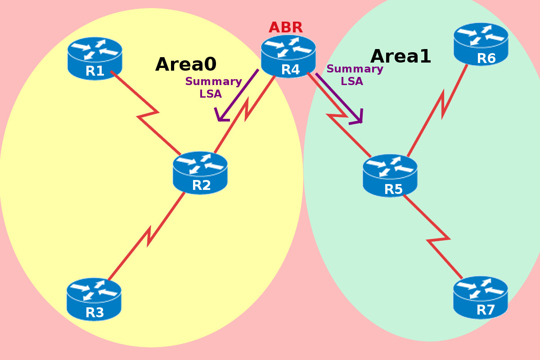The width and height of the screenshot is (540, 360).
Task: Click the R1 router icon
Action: (94, 58)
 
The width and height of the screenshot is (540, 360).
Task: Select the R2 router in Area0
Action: (200, 173)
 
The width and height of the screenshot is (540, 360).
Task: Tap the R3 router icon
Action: (94, 299)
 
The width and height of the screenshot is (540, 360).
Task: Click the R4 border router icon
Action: (288, 56)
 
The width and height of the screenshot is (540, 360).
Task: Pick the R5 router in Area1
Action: (390, 175)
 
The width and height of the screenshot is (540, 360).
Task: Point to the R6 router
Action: (481, 44)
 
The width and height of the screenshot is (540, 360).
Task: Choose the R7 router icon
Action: (481, 297)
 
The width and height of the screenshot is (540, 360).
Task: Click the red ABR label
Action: (286, 27)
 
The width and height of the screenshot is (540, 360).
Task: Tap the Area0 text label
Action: (186, 64)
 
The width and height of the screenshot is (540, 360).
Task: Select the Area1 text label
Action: (400, 56)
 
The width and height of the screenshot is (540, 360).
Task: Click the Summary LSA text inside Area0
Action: (213, 88)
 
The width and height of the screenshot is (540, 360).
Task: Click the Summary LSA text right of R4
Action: (355, 75)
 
